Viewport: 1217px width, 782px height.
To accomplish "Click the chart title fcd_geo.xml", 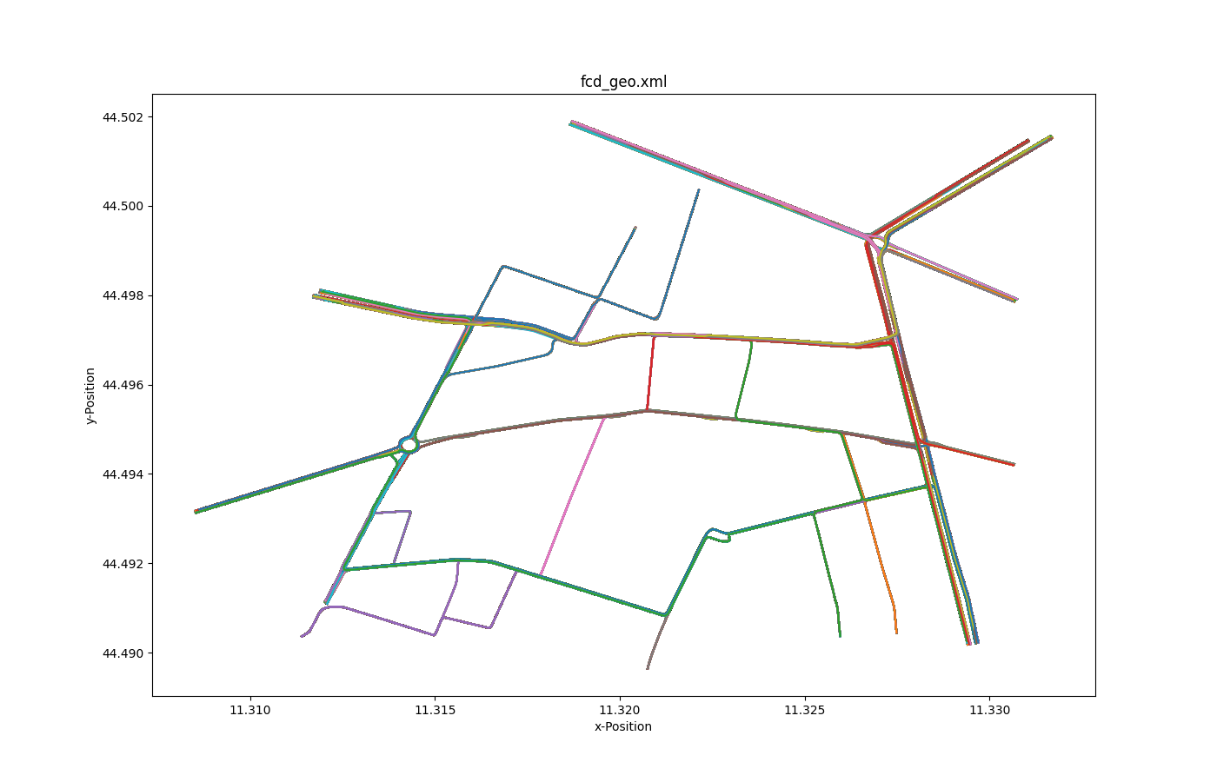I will pyautogui.click(x=623, y=83).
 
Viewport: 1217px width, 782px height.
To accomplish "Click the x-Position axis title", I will pyautogui.click(x=622, y=726).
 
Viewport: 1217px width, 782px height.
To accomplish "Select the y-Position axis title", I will pyautogui.click(x=90, y=395).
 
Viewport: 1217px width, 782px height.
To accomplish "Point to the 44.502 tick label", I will pyautogui.click(x=124, y=117).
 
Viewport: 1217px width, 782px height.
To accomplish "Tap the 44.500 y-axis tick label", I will pyautogui.click(x=124, y=207).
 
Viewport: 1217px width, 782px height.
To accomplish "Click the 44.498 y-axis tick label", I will pyautogui.click(x=124, y=295).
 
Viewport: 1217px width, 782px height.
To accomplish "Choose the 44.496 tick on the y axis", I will pyautogui.click(x=124, y=385).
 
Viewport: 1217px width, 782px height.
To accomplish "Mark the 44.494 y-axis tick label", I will pyautogui.click(x=124, y=474).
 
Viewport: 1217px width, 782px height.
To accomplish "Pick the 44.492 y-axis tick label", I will pyautogui.click(x=124, y=564).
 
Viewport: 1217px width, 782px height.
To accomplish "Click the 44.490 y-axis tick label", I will pyautogui.click(x=124, y=653).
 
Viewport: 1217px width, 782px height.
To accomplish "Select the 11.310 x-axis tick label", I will pyautogui.click(x=250, y=710).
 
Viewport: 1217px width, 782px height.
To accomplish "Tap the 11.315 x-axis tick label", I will pyautogui.click(x=435, y=710).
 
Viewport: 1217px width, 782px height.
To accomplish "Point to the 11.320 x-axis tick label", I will pyautogui.click(x=620, y=710).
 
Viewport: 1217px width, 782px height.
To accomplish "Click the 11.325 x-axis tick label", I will pyautogui.click(x=805, y=710).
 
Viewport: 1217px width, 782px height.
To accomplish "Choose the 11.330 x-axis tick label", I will pyautogui.click(x=989, y=710).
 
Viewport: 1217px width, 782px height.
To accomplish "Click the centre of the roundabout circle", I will pyautogui.click(x=409, y=445).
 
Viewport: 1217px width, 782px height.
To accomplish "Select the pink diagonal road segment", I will pyautogui.click(x=572, y=495).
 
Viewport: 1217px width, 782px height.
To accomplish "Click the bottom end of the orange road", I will pyautogui.click(x=896, y=633).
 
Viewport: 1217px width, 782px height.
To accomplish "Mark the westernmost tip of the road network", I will pyautogui.click(x=196, y=512).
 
